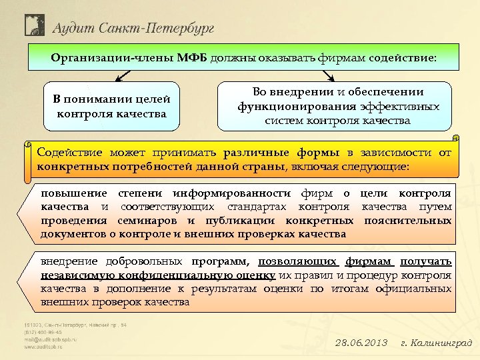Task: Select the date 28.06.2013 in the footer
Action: [x=361, y=343]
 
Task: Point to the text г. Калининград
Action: [x=436, y=343]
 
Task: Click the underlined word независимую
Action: [x=72, y=274]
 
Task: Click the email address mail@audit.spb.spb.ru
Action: [x=51, y=339]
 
